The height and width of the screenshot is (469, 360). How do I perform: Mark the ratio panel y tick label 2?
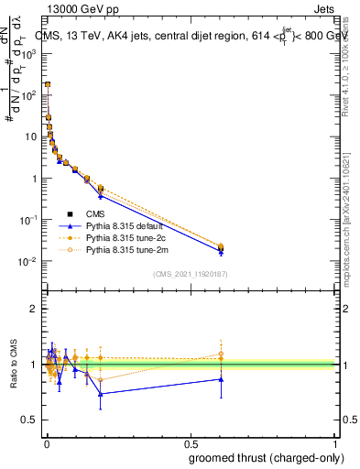(x=34, y=309)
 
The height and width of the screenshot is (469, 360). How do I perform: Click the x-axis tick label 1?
(x=336, y=443)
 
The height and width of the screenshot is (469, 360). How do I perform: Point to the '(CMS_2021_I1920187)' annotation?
(x=191, y=274)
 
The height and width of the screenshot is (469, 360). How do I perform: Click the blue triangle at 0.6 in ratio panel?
(x=221, y=378)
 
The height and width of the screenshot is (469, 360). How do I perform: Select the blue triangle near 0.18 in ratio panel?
(x=101, y=394)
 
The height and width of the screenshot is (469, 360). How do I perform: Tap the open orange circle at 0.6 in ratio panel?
(x=221, y=354)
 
